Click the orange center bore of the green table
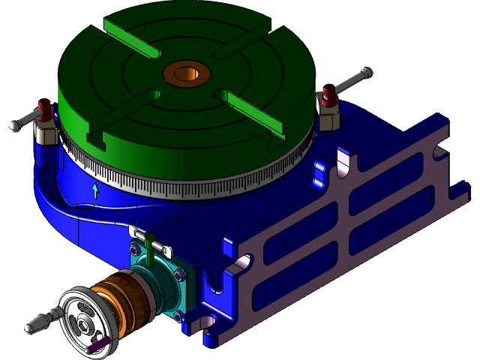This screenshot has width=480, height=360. [x=186, y=74]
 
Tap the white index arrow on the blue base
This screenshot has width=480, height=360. [x=94, y=190]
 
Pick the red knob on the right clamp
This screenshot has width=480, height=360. [x=327, y=95]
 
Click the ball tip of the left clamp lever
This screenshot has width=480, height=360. [x=13, y=126]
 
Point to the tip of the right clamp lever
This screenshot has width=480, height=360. [x=367, y=73]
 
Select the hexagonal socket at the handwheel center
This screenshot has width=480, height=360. [x=82, y=325]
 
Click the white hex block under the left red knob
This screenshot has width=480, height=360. [x=46, y=133]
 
